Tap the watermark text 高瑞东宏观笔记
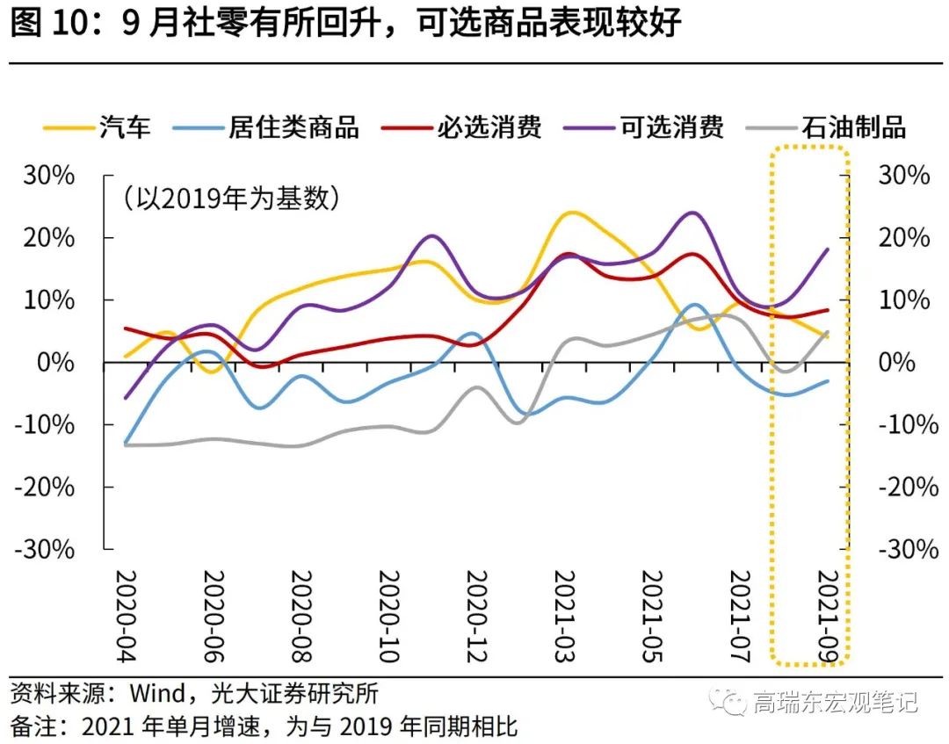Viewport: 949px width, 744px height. (835, 702)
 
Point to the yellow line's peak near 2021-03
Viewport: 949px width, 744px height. (572, 213)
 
